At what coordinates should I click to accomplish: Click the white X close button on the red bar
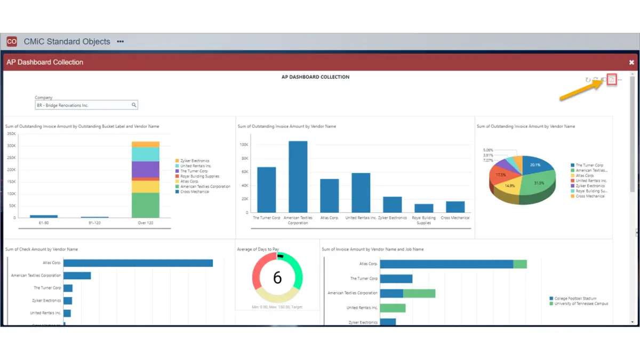coord(631,62)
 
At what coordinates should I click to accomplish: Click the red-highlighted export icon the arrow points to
coord(612,80)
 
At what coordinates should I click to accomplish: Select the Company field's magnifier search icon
coord(134,105)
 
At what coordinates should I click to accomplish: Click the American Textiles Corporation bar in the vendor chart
coord(298,176)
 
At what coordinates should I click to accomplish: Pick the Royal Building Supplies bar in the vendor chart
coord(424,208)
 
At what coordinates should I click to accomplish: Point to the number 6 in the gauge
coord(277,278)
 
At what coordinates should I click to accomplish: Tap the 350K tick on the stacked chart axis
coord(11,133)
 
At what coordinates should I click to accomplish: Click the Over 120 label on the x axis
coord(145,223)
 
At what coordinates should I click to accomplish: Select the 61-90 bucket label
coord(43,223)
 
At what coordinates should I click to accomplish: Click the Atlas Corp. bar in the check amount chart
coord(138,263)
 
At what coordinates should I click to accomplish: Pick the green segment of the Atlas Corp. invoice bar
coord(520,264)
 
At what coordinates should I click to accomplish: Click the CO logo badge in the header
coord(12,42)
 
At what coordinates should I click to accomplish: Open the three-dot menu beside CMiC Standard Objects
coord(121,42)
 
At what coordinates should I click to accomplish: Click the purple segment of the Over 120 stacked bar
coord(145,170)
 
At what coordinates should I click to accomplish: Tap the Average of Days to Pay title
coord(258,249)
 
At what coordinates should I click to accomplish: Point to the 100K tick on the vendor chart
coord(244,145)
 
